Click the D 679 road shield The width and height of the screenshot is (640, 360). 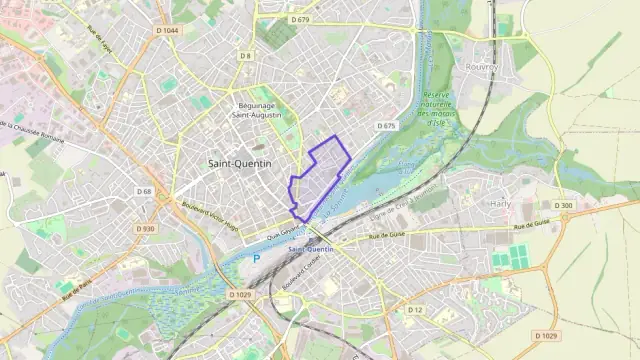tap(300, 19)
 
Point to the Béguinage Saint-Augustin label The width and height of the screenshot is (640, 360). tap(256, 110)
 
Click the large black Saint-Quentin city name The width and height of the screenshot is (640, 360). tap(239, 161)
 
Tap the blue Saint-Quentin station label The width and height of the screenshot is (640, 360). tap(310, 249)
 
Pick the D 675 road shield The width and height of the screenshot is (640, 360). tap(388, 126)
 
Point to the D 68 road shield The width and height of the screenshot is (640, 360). tap(144, 191)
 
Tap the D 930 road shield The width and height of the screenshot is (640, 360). tap(147, 229)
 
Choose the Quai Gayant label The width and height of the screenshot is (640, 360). tap(283, 233)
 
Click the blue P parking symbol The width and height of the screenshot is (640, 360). tap(255, 258)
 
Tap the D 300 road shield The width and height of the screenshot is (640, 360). tap(566, 206)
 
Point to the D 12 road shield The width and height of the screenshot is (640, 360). tap(415, 310)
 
